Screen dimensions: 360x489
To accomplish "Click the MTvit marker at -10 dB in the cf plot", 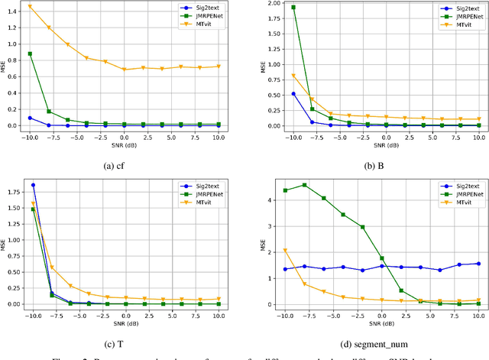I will point(31,7).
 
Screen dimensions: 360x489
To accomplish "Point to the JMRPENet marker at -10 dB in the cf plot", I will point(31,54).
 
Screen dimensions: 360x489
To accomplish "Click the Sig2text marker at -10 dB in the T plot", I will point(33,185).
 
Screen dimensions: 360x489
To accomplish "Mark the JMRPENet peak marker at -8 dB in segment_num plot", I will point(305,185).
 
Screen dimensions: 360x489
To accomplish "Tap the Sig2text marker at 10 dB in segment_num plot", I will point(478,264).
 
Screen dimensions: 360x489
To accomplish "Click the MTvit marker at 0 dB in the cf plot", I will point(125,70).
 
